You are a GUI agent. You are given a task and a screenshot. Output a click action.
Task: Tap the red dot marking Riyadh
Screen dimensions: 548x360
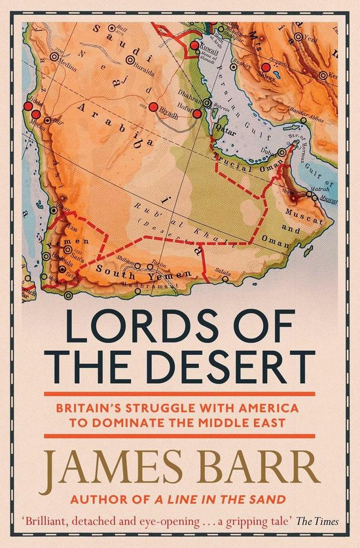[153, 107]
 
